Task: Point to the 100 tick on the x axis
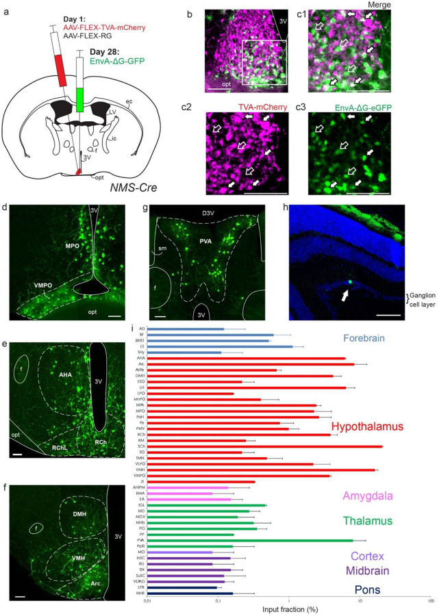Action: (430, 601)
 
